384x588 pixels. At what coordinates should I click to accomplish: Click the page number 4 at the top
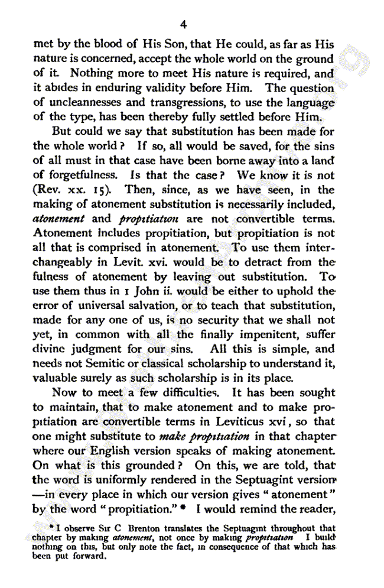point(183,24)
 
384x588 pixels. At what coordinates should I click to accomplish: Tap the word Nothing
point(90,73)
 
